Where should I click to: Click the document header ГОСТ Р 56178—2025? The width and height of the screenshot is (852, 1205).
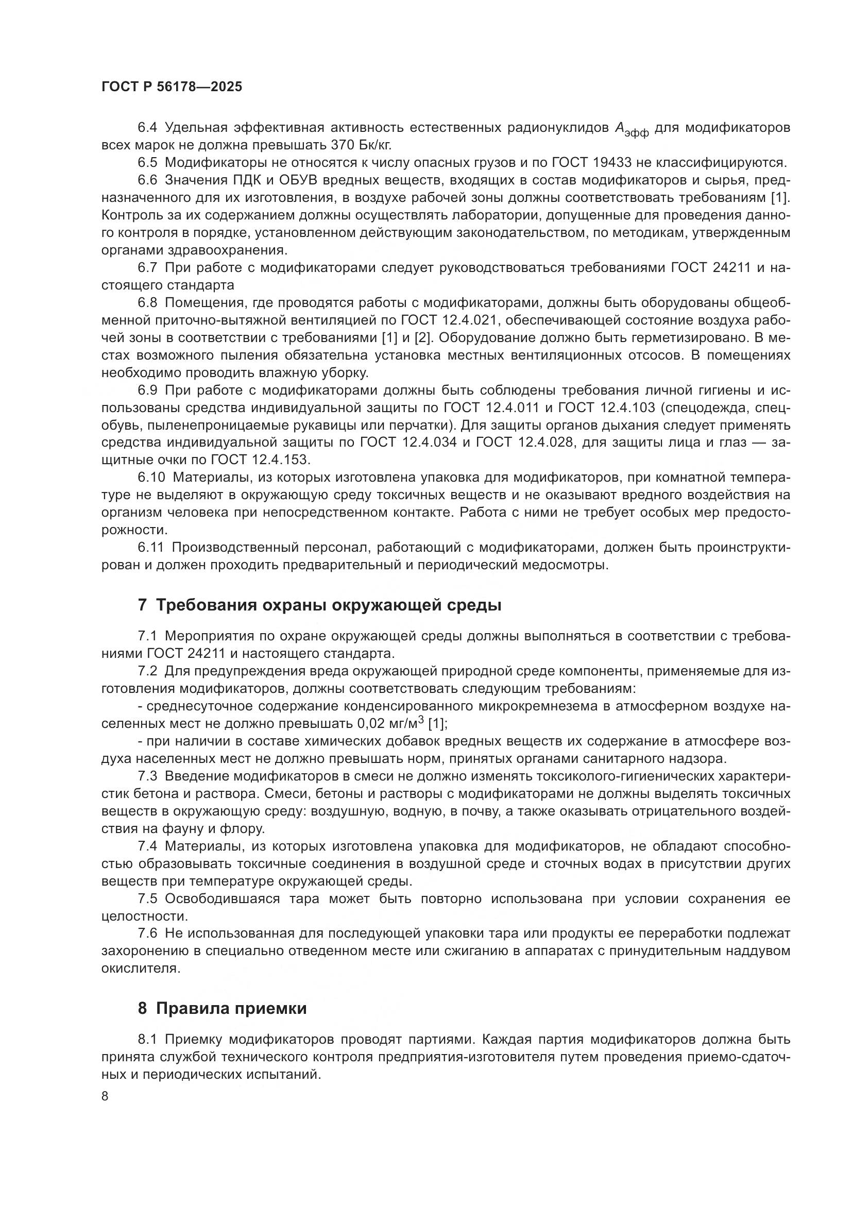[x=172, y=87]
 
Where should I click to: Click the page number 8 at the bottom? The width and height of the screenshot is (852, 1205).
[x=105, y=1096]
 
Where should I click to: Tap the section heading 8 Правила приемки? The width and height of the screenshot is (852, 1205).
[x=223, y=1009]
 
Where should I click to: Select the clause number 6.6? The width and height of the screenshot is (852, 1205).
[x=147, y=180]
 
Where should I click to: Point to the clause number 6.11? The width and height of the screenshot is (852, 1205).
[x=150, y=548]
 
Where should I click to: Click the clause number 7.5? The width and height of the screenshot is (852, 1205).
[x=147, y=898]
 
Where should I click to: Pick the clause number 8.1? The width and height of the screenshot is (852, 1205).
[x=147, y=1039]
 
